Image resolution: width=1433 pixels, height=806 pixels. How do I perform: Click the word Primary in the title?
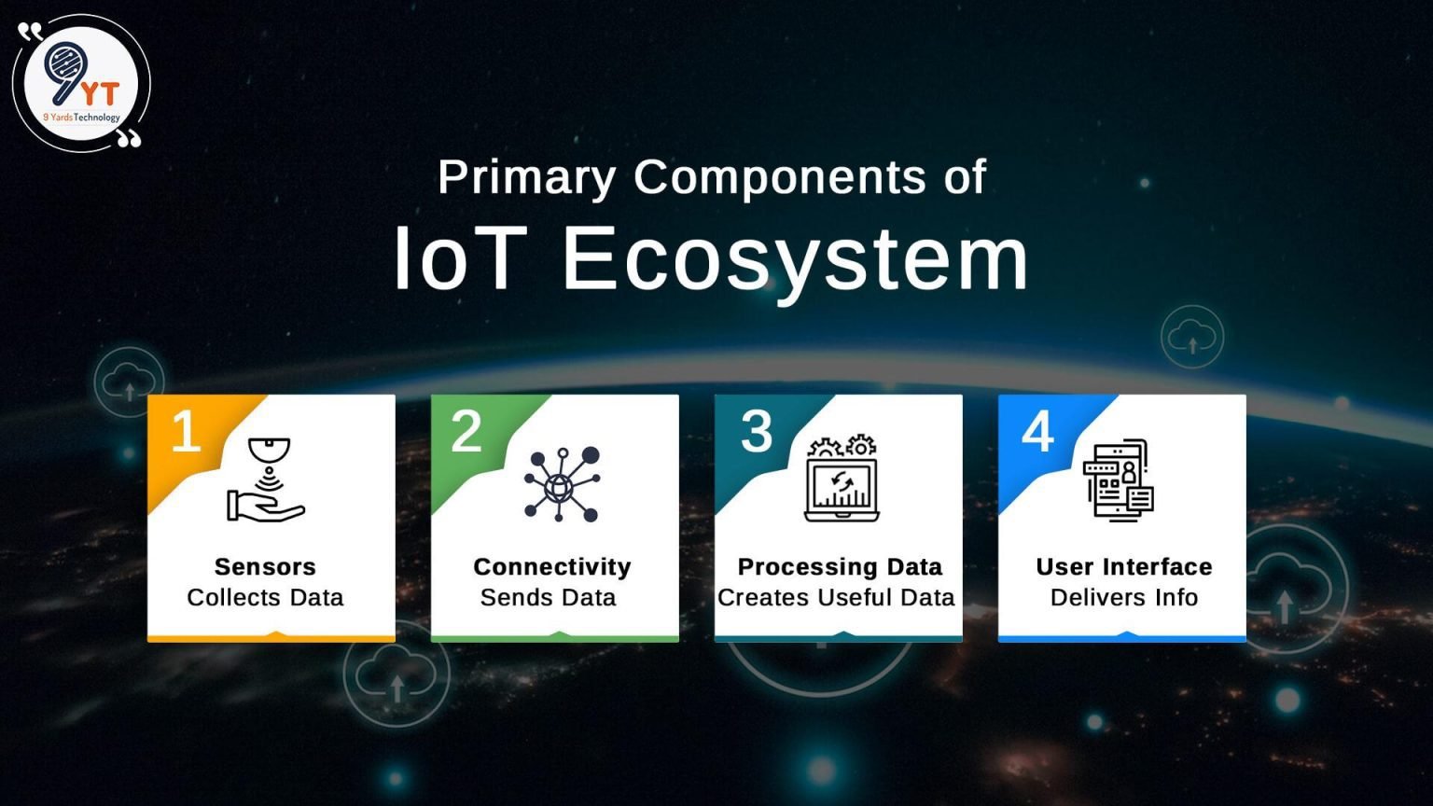527,177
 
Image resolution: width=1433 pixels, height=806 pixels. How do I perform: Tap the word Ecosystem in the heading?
795,258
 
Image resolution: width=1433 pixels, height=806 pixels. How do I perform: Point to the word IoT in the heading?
455,258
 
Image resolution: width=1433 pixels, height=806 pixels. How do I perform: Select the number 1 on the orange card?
186,432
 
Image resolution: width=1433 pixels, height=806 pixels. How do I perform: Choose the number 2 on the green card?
466,431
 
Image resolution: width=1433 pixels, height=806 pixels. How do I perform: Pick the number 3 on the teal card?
757,431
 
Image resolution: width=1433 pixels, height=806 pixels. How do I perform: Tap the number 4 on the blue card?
1037,431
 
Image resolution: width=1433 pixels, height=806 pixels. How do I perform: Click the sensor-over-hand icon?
267,479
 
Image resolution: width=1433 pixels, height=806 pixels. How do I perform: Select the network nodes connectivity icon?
562,484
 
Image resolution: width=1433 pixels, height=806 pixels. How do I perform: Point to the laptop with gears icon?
842,479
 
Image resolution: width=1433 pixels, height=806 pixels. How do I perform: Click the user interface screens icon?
1119,479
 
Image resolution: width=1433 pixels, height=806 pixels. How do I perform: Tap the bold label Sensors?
265,567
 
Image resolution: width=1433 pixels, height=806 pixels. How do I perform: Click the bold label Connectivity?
552,567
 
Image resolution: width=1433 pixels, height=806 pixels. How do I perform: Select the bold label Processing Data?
840,567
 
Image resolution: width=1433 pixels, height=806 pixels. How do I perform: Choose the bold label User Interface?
1124,567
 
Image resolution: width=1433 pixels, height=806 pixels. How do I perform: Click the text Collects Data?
265,598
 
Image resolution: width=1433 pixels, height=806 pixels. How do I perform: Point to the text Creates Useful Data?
836,598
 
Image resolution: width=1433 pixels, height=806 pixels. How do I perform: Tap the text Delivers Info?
1124,598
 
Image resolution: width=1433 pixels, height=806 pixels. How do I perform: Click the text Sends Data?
549,598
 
